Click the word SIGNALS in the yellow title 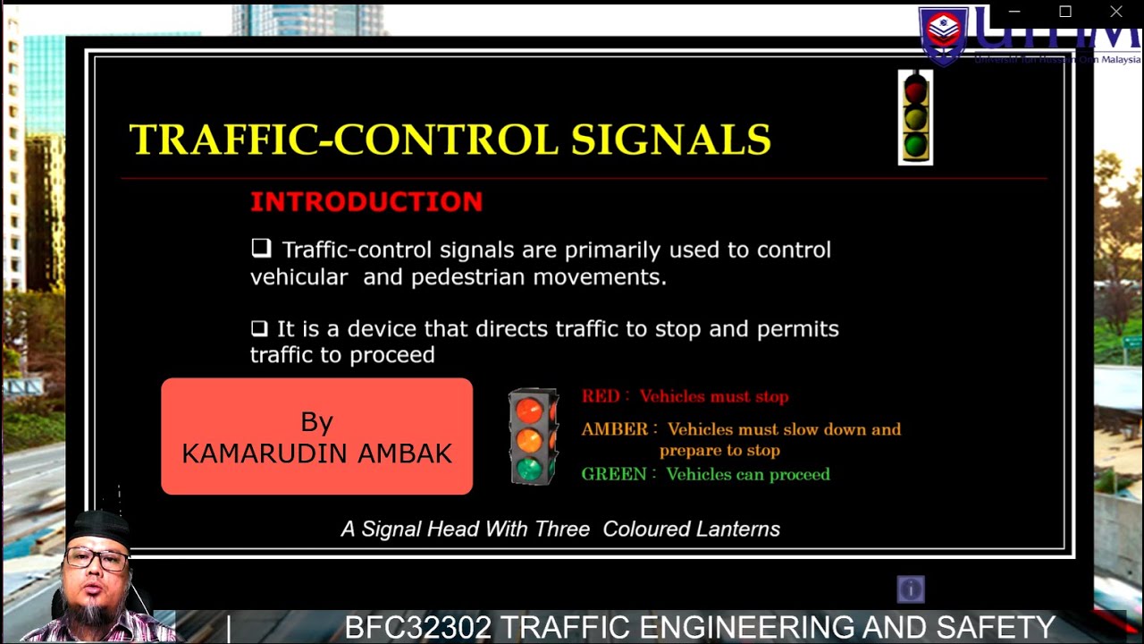pos(670,140)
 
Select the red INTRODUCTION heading pos(366,202)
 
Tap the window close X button pos(1116,12)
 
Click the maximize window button pos(1065,12)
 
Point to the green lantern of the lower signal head pos(529,468)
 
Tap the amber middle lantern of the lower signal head pos(529,439)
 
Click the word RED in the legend pos(601,396)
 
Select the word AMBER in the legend pos(614,429)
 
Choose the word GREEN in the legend pos(614,474)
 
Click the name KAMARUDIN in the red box pos(266,453)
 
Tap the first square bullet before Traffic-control pos(261,248)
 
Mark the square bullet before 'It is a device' pos(259,328)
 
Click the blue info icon pos(911,589)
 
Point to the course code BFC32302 pos(417,627)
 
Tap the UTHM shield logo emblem pos(944,34)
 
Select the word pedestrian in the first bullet pos(468,277)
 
